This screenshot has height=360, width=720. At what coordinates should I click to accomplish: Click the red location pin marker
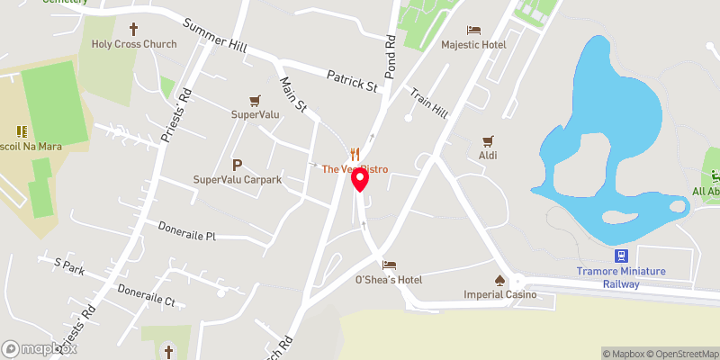tap(360, 180)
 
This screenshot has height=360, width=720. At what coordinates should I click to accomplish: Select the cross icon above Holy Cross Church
tap(136, 28)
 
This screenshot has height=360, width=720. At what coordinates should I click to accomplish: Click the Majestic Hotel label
tap(473, 44)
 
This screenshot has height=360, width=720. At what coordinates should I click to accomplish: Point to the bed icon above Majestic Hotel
tap(473, 29)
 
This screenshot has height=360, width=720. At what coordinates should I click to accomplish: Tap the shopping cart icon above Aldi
tap(488, 140)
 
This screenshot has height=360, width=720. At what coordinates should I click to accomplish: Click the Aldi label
tap(488, 156)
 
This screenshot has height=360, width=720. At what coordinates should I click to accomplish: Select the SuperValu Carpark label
tap(238, 180)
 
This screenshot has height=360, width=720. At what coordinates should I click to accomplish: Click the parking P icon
tap(238, 165)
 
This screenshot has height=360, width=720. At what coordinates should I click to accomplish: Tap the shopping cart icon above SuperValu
tap(256, 100)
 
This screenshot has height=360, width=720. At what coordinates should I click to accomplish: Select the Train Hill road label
tap(428, 103)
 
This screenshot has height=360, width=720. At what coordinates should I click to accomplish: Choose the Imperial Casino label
tap(499, 294)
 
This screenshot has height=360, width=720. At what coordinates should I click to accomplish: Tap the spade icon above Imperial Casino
tap(500, 279)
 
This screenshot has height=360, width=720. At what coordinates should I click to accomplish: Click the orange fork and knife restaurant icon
tap(355, 154)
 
